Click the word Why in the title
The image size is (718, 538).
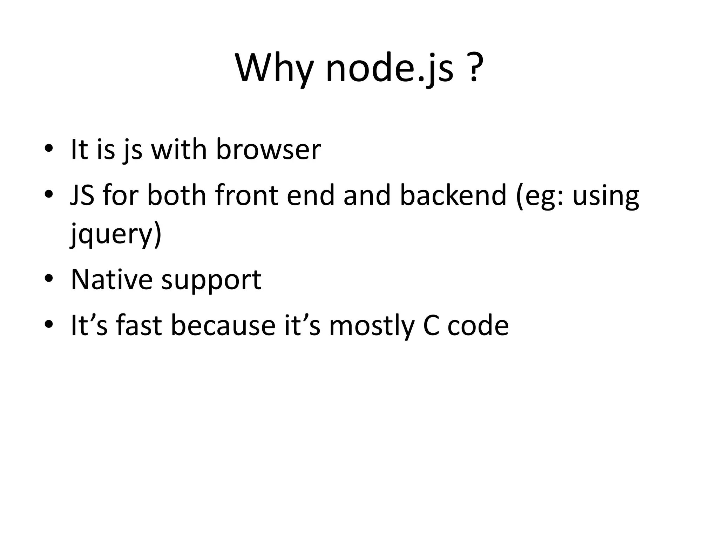tap(273, 68)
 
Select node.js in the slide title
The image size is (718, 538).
tap(390, 68)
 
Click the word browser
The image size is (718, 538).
tap(268, 150)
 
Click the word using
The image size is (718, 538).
tap(605, 196)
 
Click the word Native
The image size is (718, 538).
tap(111, 280)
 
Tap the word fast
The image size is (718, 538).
tap(139, 325)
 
